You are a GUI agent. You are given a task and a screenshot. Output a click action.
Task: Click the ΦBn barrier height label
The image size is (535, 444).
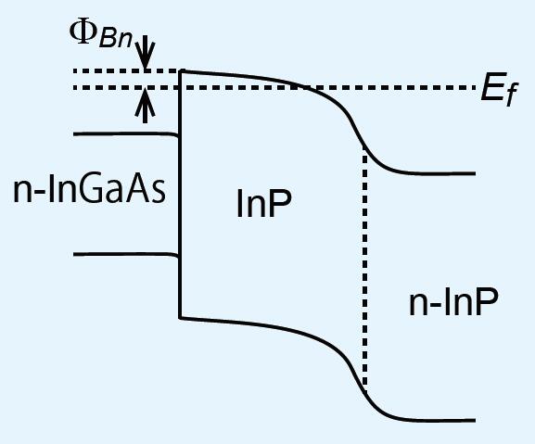101,35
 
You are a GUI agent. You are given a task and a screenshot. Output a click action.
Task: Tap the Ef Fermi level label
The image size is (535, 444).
499,92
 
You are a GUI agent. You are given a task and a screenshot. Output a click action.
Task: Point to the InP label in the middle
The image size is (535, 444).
264,204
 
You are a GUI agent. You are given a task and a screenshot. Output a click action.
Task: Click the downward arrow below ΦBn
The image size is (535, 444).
146,53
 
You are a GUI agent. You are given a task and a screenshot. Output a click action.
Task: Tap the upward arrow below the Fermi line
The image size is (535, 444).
146,106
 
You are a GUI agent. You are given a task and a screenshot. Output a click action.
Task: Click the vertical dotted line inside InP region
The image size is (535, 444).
365,271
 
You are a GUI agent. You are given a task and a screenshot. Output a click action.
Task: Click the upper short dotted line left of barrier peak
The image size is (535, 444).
127,71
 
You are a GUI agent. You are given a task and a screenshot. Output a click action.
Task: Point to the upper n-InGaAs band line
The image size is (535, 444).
125,134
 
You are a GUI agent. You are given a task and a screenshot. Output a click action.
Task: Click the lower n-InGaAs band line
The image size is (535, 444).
125,254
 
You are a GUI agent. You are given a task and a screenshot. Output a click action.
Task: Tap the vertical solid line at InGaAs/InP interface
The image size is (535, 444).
180,195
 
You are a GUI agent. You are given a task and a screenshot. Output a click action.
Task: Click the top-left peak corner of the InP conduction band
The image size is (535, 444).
181,71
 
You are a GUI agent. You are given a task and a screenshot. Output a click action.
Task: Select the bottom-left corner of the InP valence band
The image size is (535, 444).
180,318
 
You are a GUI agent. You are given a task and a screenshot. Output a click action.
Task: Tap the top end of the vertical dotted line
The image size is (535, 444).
365,152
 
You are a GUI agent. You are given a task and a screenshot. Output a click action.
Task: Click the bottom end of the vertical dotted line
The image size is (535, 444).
365,391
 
